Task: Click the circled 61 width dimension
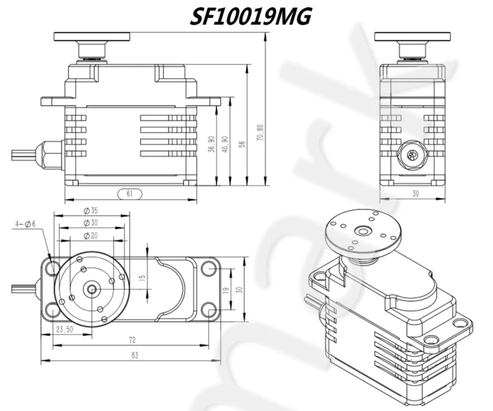pos(129,194)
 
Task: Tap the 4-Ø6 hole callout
pos(25,223)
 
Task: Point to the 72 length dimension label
pos(132,340)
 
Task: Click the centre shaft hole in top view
pos(91,289)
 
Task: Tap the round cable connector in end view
pos(411,155)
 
